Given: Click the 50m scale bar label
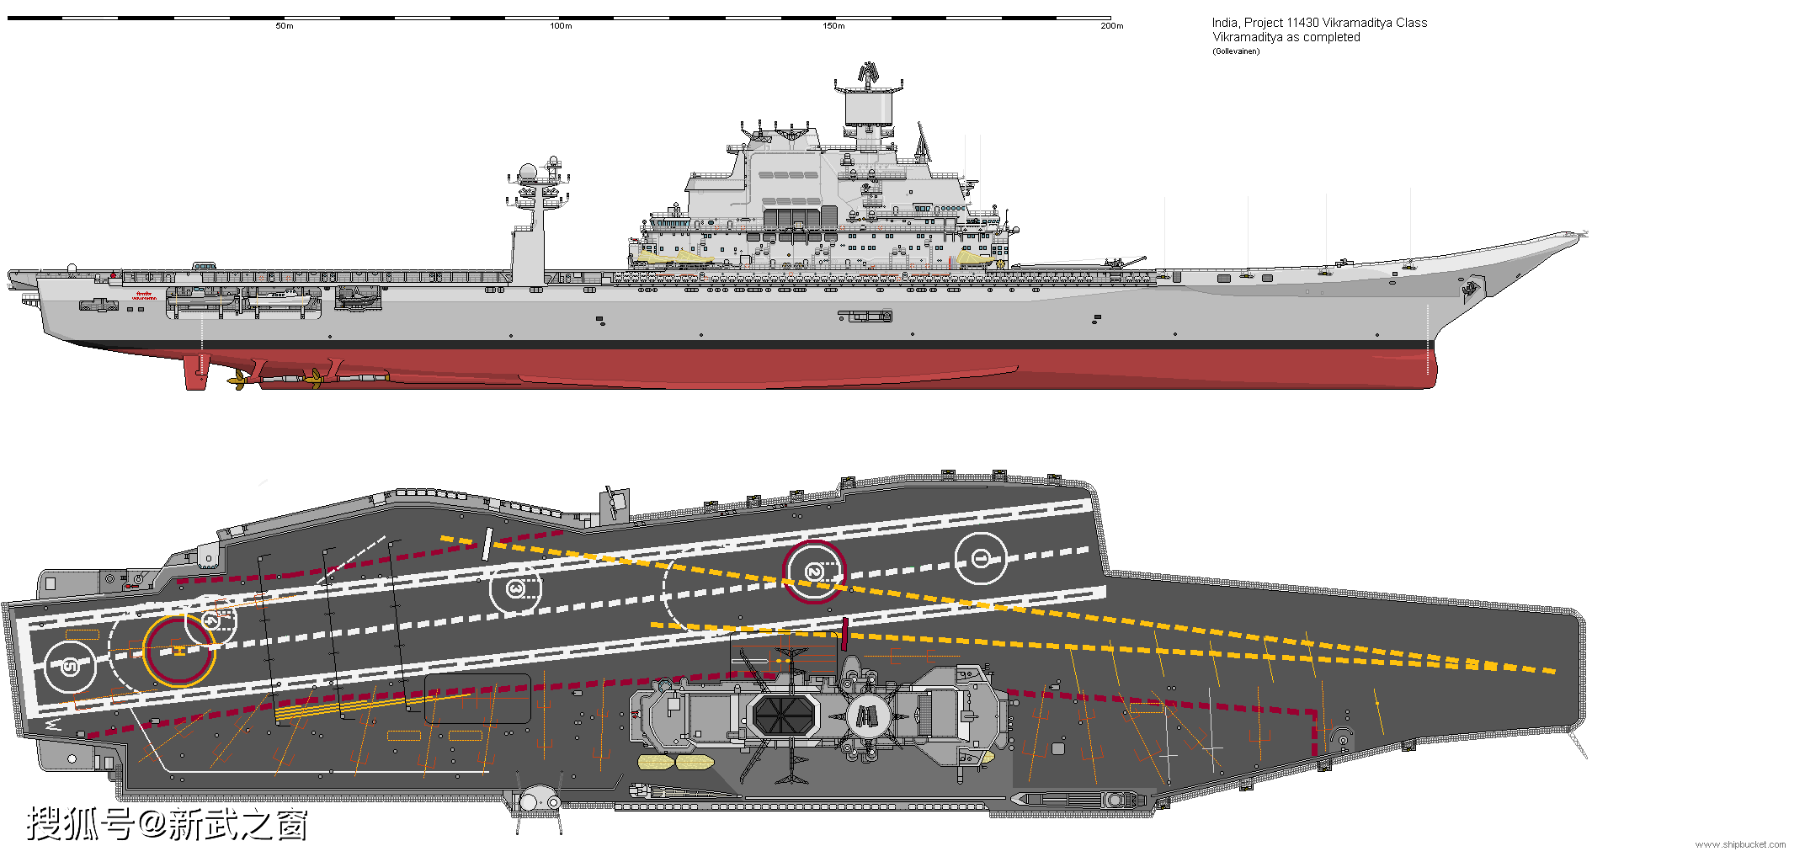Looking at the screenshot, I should click(x=285, y=26).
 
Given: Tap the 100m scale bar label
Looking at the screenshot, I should click(x=561, y=26).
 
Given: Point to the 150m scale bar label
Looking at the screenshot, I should click(x=833, y=26).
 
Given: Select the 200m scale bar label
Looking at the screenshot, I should click(x=1111, y=26).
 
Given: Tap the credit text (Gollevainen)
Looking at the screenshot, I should click(x=1236, y=51).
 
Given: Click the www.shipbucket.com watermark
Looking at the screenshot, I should click(x=1740, y=844).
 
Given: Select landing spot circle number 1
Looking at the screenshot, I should click(x=981, y=558).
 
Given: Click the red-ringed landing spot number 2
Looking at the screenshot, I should click(x=813, y=572).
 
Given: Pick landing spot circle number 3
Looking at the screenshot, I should click(x=515, y=588).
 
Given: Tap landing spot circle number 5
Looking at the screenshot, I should click(x=71, y=667).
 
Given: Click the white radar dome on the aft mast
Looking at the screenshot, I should click(x=528, y=173).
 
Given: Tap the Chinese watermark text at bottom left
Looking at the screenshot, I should click(x=168, y=824).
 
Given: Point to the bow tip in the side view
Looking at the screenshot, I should click(x=1581, y=234).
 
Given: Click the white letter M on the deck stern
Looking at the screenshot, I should click(x=53, y=723).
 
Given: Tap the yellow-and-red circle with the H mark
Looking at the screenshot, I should click(x=178, y=651).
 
